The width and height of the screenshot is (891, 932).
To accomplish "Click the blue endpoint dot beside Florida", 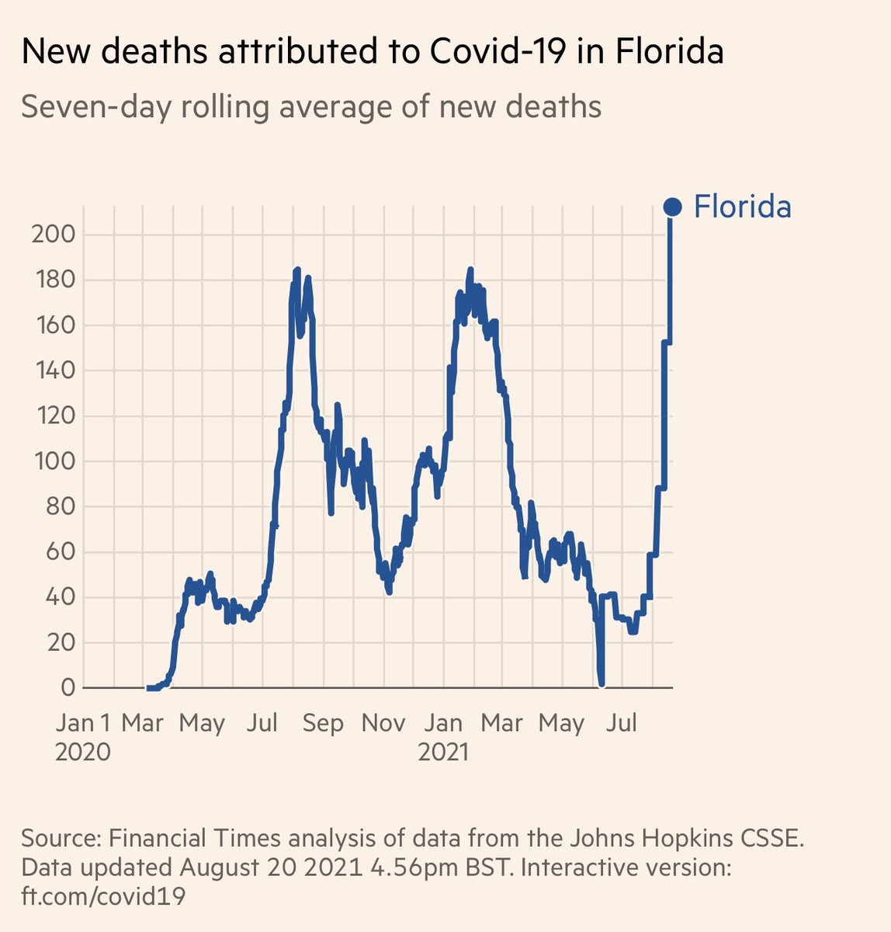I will (672, 207).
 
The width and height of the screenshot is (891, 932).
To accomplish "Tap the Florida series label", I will (742, 207).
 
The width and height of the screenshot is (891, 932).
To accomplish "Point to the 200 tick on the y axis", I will (52, 235).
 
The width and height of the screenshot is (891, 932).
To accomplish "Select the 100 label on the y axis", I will (52, 461).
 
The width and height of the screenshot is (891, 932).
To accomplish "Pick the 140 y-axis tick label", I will (52, 370).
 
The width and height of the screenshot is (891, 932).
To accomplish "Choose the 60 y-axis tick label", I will (58, 552).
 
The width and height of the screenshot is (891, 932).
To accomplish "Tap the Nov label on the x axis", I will (383, 723).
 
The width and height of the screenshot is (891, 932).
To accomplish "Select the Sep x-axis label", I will (323, 723).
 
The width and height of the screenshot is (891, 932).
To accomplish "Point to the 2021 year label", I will (442, 752).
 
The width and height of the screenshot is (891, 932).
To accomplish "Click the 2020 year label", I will (82, 752).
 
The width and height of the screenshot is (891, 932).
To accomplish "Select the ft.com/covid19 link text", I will (103, 896).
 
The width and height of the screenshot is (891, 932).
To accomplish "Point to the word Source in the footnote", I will (59, 839).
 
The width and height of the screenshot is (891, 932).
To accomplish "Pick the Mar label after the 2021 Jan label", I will (502, 723).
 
